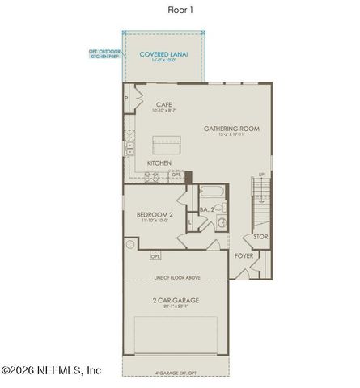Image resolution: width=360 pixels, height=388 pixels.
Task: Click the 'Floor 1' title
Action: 180,11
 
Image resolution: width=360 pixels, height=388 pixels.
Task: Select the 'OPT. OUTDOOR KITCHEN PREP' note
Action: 105,55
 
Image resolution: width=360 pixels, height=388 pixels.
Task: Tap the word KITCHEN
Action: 159,163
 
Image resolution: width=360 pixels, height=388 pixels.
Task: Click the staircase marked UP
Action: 261,202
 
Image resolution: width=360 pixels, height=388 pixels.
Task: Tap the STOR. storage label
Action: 260,237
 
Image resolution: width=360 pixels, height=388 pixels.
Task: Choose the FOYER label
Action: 244,256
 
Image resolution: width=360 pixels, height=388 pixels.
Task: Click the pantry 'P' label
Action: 126,98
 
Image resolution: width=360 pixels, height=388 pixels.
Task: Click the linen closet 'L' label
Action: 188,221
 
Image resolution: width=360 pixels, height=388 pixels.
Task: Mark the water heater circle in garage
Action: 129,244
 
